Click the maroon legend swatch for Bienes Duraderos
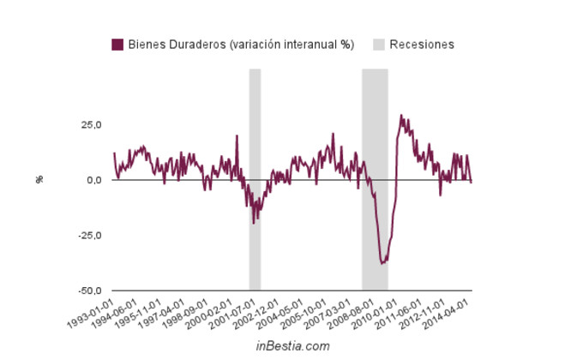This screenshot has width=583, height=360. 117,45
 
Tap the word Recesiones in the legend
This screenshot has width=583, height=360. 422,45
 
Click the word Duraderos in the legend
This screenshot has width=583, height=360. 192,45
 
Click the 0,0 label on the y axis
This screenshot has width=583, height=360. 93,180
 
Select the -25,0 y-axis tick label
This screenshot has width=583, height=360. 88,236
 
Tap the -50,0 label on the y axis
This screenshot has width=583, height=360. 88,291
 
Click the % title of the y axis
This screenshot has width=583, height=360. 39,180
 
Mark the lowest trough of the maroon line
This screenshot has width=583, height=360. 382,263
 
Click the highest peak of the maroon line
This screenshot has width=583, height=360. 400,115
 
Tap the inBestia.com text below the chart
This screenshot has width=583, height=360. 292,345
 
